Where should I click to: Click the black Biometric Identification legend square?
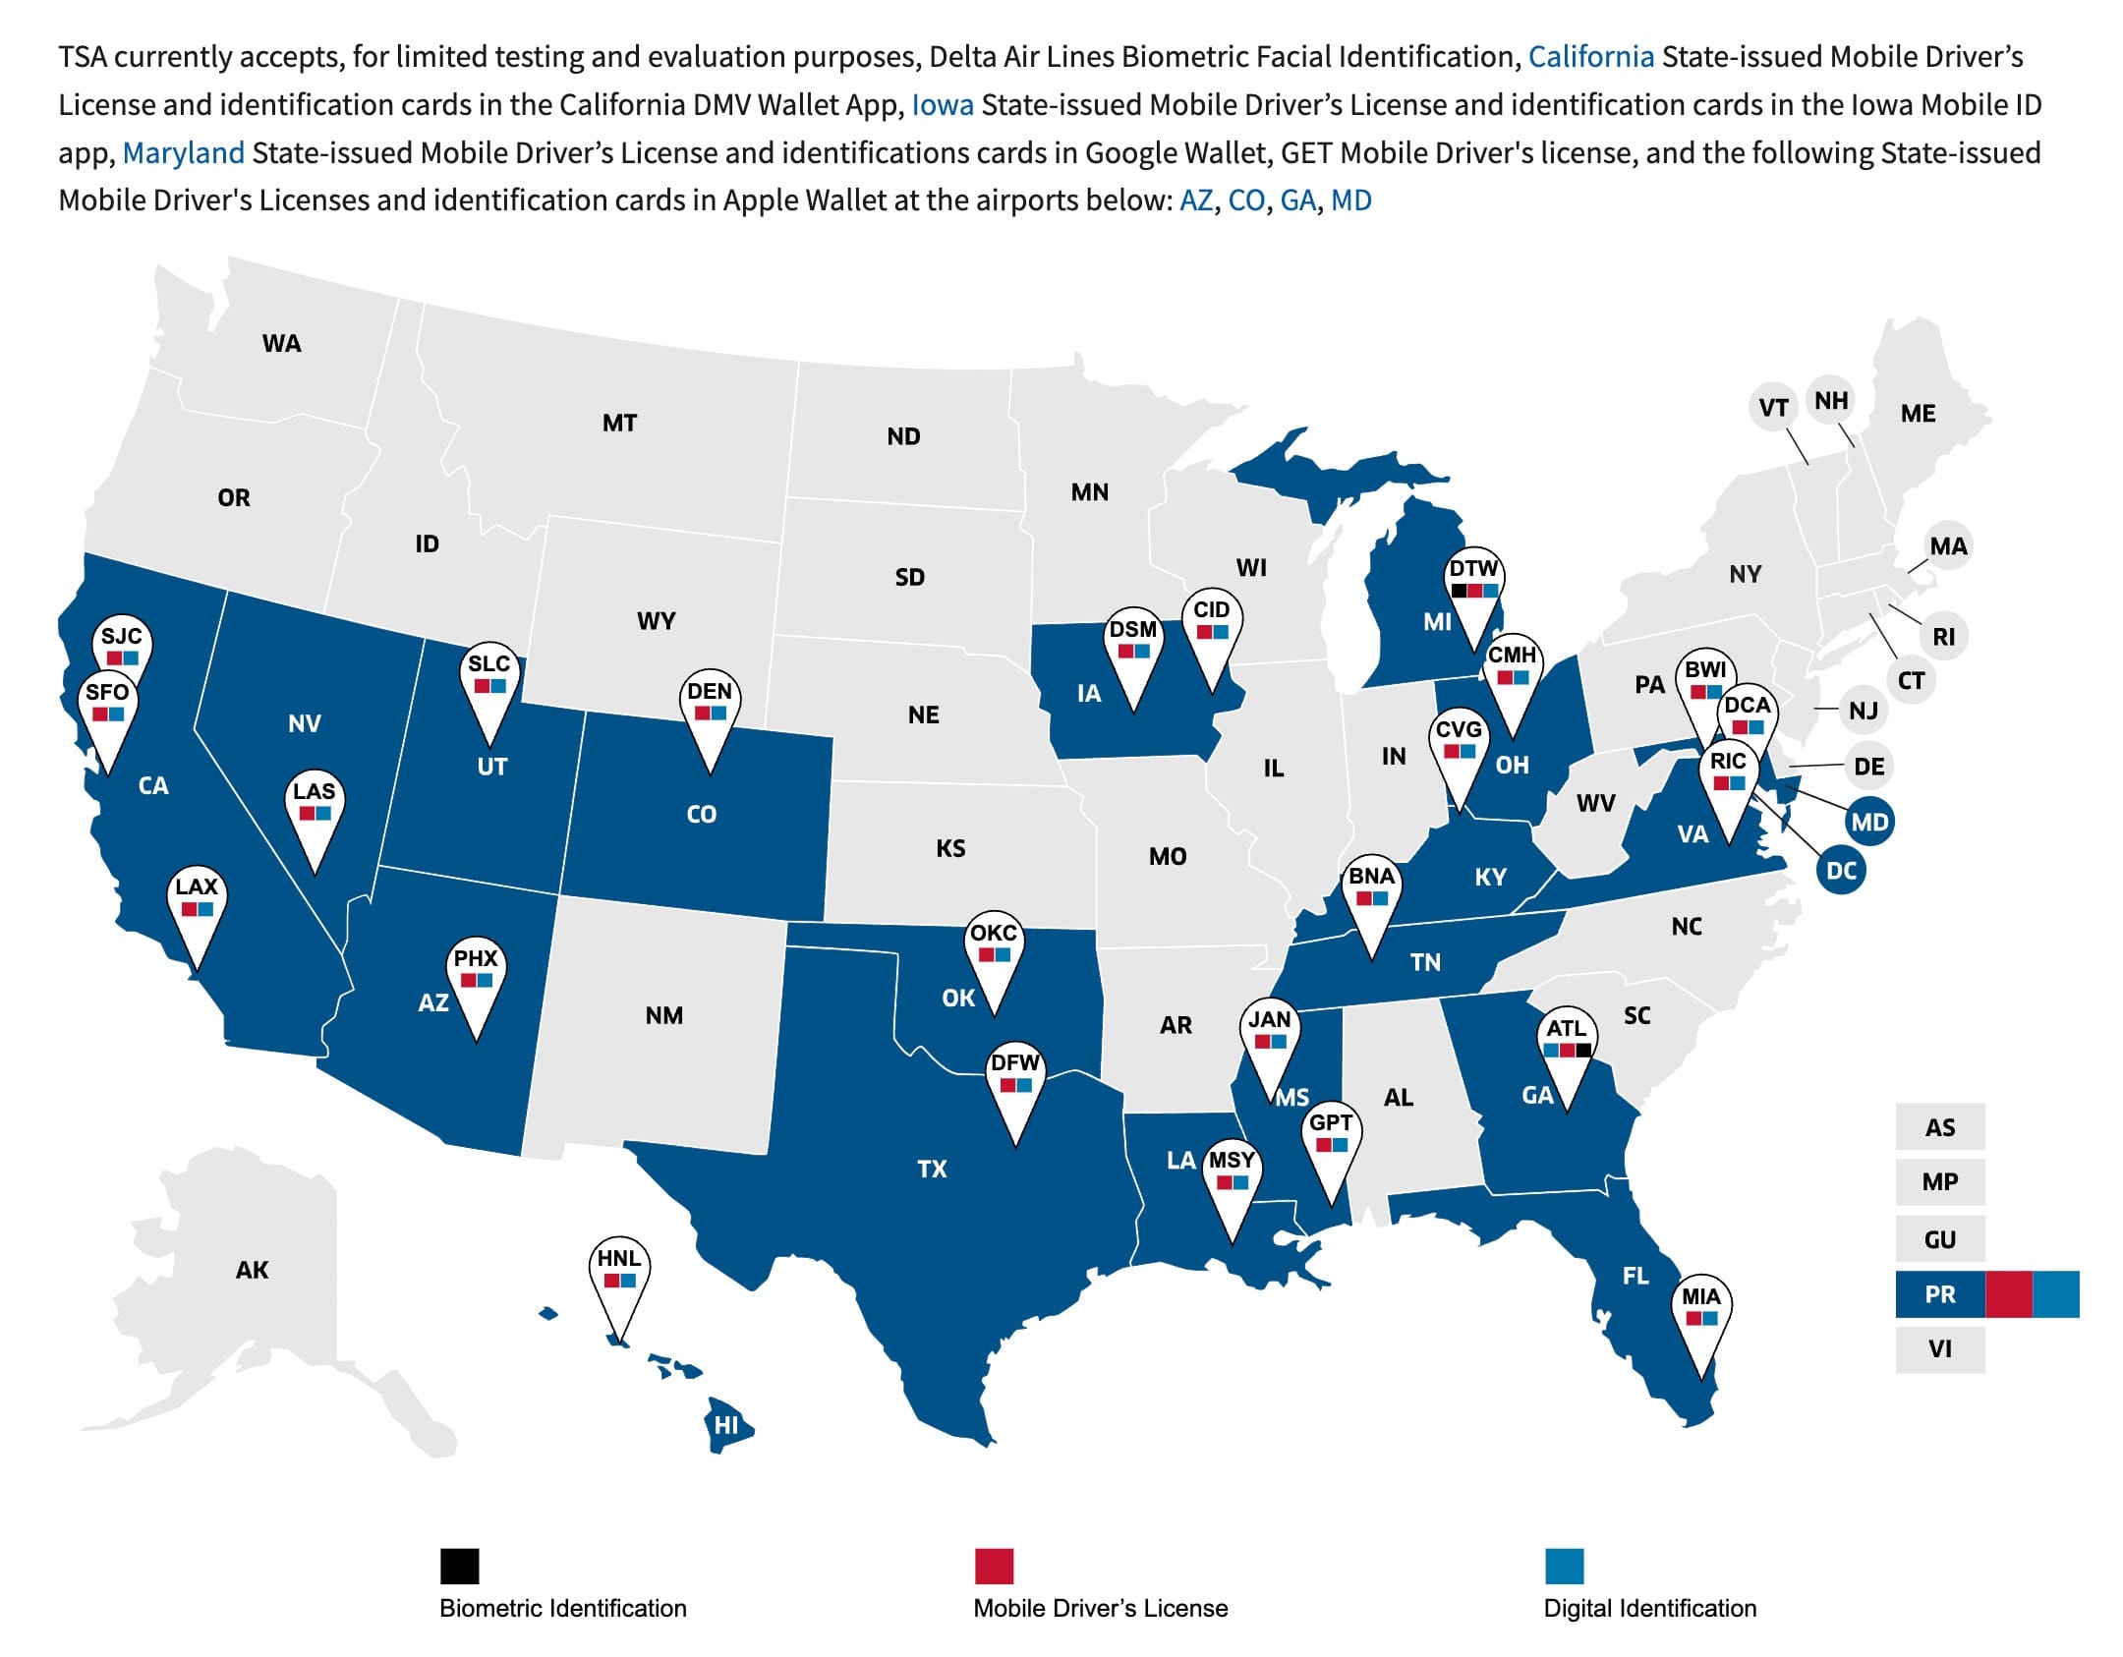pyautogui.click(x=459, y=1566)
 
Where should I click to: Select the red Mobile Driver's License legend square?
pyautogui.click(x=994, y=1566)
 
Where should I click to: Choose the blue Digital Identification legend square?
pyautogui.click(x=1564, y=1566)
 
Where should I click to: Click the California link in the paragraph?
pyautogui.click(x=1591, y=57)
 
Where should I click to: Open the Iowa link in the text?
pyautogui.click(x=943, y=104)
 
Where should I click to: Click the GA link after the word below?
pyautogui.click(x=1297, y=200)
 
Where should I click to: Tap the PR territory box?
pyautogui.click(x=1939, y=1293)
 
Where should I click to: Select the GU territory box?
pyautogui.click(x=1939, y=1239)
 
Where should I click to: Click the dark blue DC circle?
pyautogui.click(x=1841, y=870)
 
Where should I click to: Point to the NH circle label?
pyautogui.click(x=1831, y=400)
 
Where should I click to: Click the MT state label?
pyautogui.click(x=619, y=423)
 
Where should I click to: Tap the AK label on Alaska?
pyautogui.click(x=252, y=1270)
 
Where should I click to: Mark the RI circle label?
pyautogui.click(x=1943, y=637)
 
